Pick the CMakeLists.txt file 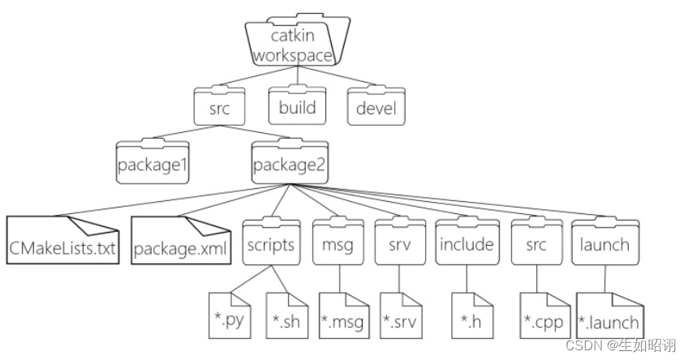pyautogui.click(x=62, y=242)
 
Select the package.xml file pyautogui.click(x=179, y=242)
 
